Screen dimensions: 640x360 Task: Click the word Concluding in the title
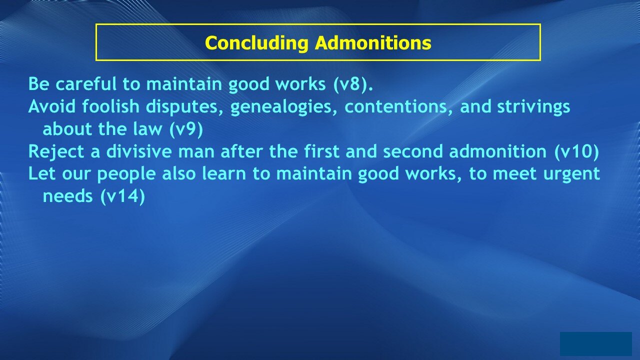point(256,43)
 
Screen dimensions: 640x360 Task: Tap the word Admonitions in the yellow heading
point(373,42)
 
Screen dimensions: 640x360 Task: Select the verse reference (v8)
point(353,84)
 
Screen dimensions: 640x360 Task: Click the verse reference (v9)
point(186,129)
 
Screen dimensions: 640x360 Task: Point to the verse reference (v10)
point(576,151)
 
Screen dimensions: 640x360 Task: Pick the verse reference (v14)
point(122,196)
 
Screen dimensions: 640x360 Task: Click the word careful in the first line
point(86,84)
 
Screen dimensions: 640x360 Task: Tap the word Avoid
point(52,106)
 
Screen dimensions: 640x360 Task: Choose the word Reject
point(56,151)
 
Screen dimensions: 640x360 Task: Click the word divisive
point(139,151)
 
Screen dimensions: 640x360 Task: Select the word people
point(126,174)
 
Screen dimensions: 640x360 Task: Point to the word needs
point(67,196)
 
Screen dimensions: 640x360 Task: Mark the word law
point(147,129)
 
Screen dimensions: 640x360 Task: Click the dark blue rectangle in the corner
point(595,343)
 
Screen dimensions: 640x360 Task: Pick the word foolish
point(110,106)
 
